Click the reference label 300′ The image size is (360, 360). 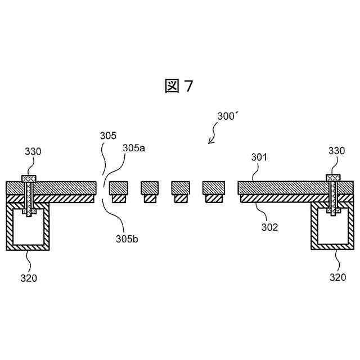pyautogui.click(x=228, y=116)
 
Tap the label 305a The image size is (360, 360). pyautogui.click(x=134, y=148)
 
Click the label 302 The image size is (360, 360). pyautogui.click(x=269, y=227)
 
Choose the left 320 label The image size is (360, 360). pyautogui.click(x=29, y=277)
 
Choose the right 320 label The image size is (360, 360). pyautogui.click(x=337, y=277)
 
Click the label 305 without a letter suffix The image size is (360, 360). pyautogui.click(x=108, y=136)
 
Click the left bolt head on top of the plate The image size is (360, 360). pyautogui.click(x=29, y=178)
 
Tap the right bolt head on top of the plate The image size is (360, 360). pyautogui.click(x=332, y=178)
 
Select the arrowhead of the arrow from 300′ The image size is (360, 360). pyautogui.click(x=210, y=142)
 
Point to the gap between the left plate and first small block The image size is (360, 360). pyautogui.click(x=102, y=188)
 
